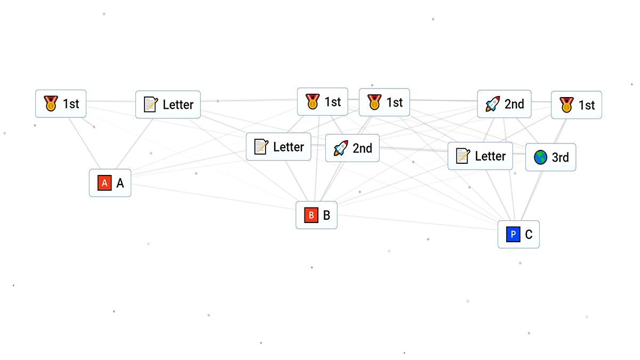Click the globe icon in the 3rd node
[x=540, y=157]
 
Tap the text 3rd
[x=560, y=157]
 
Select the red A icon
[x=104, y=183]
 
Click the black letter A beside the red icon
[x=120, y=183]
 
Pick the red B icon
[x=311, y=215]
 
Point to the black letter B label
[x=326, y=215]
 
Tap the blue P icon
[x=513, y=235]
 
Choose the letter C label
[x=529, y=235]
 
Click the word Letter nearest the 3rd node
[x=490, y=156]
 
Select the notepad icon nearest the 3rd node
[x=463, y=156]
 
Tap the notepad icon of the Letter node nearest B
[x=261, y=147]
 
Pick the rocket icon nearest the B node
[x=341, y=148]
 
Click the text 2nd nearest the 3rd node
[x=514, y=104]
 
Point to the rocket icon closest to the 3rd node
[x=492, y=104]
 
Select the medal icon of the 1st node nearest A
[x=51, y=103]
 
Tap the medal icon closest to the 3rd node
[x=566, y=105]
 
